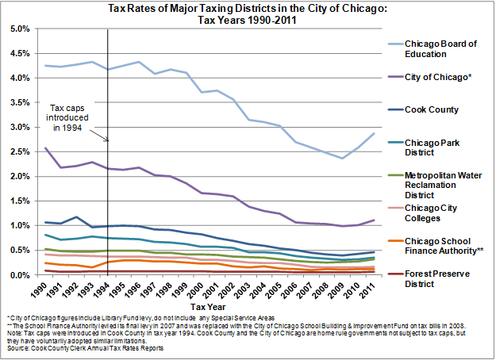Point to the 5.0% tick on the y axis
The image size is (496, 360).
point(19,29)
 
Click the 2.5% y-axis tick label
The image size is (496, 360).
point(19,151)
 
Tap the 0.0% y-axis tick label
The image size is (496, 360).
point(19,275)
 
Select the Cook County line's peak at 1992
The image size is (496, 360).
point(76,216)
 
